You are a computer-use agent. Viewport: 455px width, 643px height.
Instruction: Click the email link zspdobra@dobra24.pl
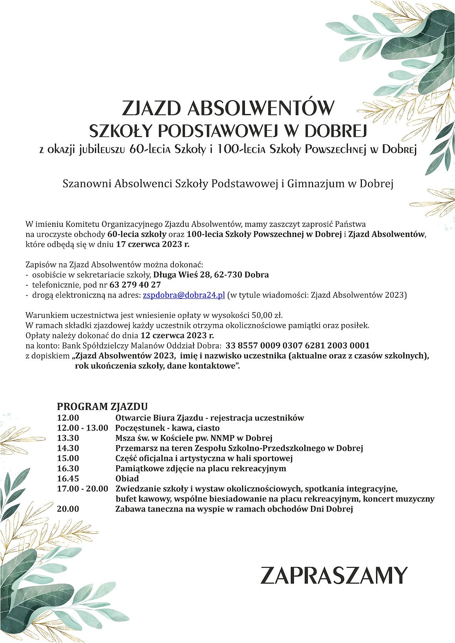tap(184, 295)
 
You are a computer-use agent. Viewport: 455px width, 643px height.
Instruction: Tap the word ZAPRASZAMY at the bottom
tap(334, 576)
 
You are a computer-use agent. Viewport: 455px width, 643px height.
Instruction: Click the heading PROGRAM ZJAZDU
tap(102, 406)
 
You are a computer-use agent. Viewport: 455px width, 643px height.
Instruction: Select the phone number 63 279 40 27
tap(135, 285)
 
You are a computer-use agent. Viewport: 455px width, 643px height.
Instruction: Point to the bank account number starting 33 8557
tap(298, 345)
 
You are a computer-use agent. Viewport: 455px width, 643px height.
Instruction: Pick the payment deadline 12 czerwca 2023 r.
tap(177, 335)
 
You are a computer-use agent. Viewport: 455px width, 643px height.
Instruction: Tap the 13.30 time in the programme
tap(68, 438)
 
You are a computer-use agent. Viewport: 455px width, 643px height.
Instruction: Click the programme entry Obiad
tap(127, 479)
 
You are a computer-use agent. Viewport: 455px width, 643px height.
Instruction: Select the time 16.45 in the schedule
tap(68, 479)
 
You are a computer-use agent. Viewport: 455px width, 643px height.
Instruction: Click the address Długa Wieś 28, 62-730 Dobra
tap(211, 275)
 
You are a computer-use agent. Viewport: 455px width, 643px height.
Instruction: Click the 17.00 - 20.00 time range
tap(82, 489)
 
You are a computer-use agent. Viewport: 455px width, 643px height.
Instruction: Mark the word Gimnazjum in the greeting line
tap(316, 184)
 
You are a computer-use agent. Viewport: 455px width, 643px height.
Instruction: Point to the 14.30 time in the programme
tap(68, 448)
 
